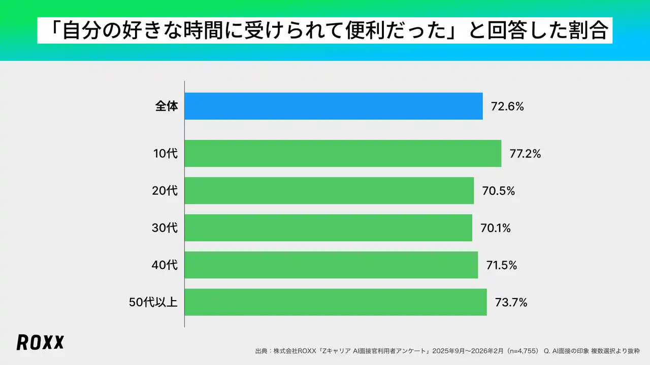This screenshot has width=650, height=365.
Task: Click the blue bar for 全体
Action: [x=333, y=106]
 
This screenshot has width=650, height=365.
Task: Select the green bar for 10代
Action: [x=343, y=153]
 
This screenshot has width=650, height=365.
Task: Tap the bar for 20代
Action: [x=329, y=191]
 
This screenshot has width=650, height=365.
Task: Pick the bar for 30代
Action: [x=328, y=228]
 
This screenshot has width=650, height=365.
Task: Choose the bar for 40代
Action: [x=331, y=265]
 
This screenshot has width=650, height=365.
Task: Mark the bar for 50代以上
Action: [x=335, y=302]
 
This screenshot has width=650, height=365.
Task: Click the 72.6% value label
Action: [x=507, y=106]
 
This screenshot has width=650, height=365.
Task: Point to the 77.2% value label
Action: [x=525, y=154]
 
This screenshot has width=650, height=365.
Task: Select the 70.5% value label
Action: [x=498, y=191]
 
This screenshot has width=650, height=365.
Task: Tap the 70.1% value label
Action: [x=495, y=228]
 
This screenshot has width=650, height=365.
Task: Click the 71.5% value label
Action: [x=501, y=265]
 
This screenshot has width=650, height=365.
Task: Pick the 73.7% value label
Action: [x=510, y=303]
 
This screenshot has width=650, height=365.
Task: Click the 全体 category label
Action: [x=167, y=106]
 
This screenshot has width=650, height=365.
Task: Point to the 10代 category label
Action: [x=166, y=154]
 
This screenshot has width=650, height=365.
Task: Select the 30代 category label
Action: [x=165, y=228]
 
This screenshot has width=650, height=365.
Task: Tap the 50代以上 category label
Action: [x=153, y=303]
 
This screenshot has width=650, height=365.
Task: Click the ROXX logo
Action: [x=40, y=343]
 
